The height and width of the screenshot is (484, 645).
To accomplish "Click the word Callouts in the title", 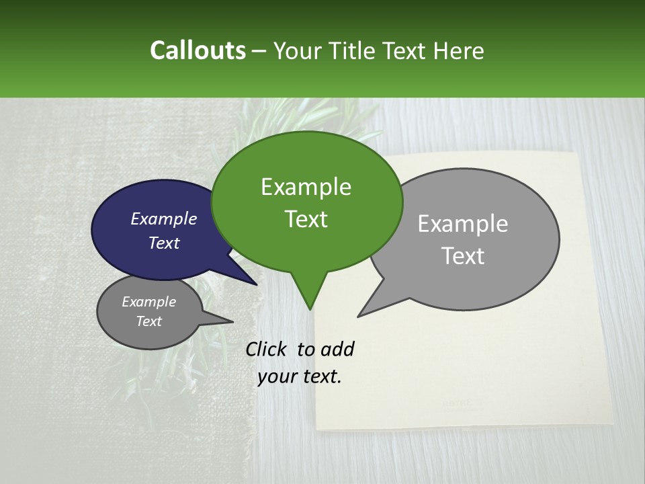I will pos(198,50).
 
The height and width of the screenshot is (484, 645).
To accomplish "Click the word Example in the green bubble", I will pos(306,187).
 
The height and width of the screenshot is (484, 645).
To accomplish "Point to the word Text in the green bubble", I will pos(306,219).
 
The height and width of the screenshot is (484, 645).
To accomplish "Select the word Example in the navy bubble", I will pos(164,218).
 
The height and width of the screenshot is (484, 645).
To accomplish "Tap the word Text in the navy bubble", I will pos(164,243).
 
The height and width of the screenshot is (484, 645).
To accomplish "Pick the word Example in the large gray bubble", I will pos(463,224).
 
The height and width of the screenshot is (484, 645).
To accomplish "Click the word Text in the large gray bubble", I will pos(463,255).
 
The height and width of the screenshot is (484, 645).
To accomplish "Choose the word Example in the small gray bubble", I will pos(149,302).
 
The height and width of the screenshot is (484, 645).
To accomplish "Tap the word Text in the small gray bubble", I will pos(149,321).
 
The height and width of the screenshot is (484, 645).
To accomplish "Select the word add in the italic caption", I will pos(337,349).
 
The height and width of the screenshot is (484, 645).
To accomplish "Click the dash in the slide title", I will pos(259,51).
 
